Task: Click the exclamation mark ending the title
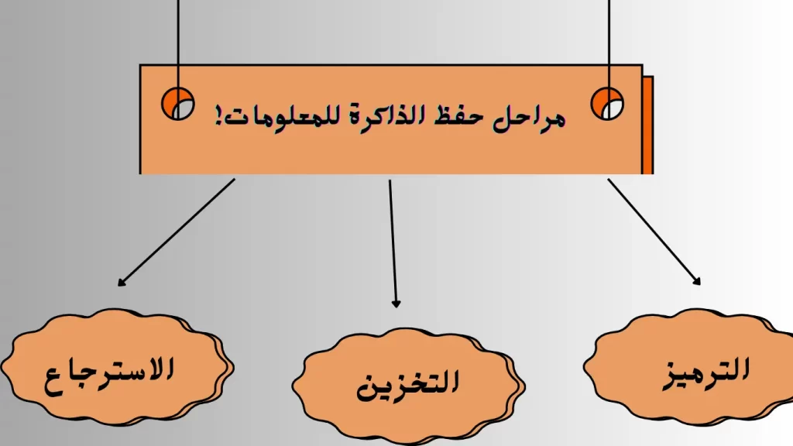click(219, 116)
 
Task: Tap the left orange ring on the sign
click(177, 104)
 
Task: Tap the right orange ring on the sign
click(607, 104)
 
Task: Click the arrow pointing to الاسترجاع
click(177, 232)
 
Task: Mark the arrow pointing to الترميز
click(654, 232)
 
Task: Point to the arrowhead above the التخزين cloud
click(396, 304)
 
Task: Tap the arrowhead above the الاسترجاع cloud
click(121, 283)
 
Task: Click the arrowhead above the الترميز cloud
click(698, 282)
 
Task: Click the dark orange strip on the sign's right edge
click(648, 125)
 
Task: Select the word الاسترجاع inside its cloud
click(109, 375)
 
